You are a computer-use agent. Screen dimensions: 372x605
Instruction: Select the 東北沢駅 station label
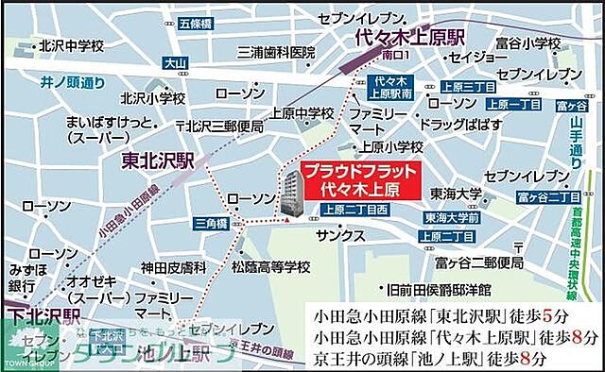[x=158, y=161]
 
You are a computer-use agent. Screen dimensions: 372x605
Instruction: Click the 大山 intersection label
[x=176, y=64]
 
